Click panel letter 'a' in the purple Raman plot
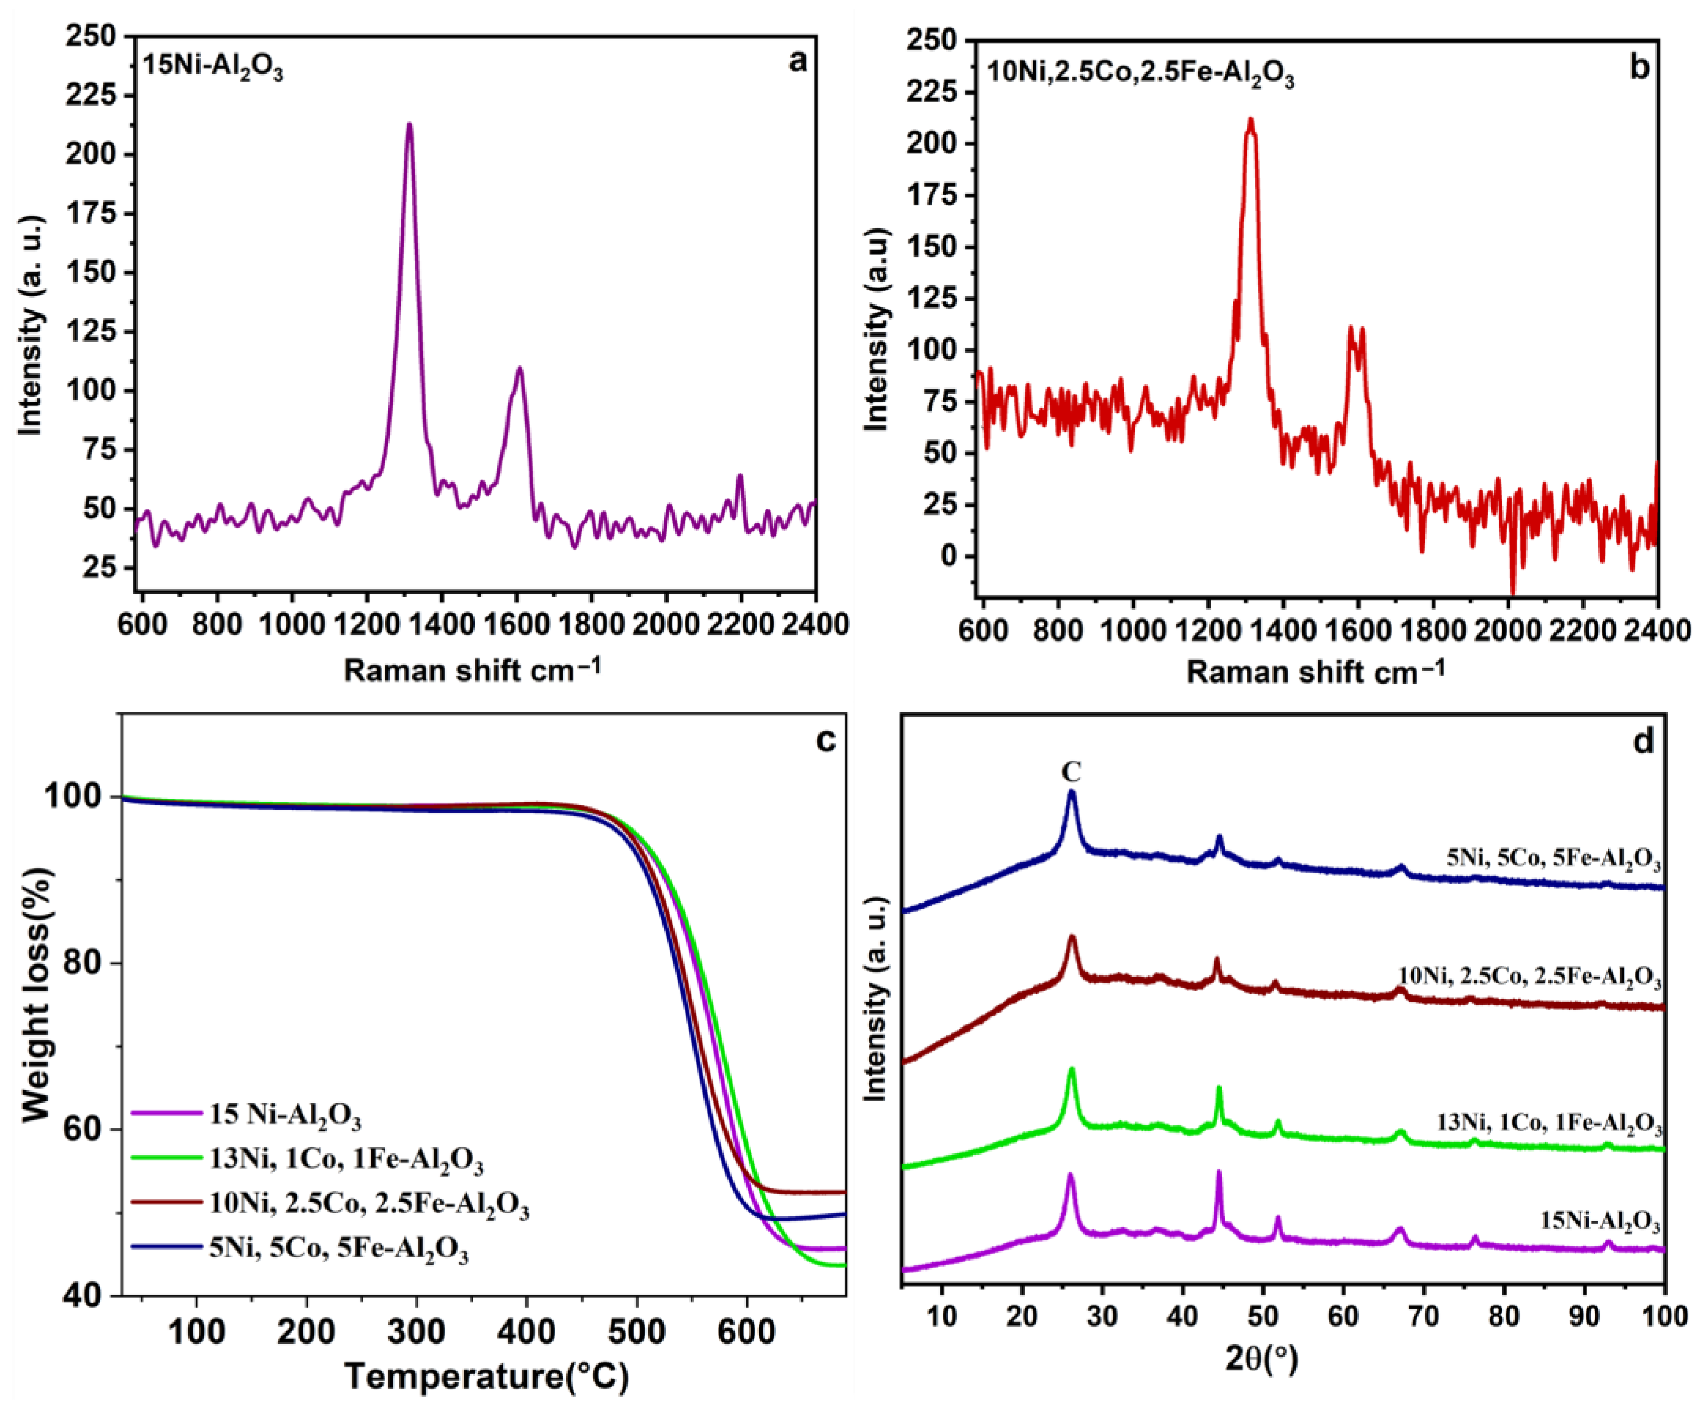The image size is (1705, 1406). pos(797,61)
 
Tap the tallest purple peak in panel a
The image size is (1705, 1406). pos(409,125)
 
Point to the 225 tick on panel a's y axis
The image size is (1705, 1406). pos(93,96)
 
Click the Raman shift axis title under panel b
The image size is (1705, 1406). pos(1315,671)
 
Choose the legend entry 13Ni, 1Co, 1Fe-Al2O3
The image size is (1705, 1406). pos(346,1161)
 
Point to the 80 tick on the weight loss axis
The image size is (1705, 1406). pos(89,964)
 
